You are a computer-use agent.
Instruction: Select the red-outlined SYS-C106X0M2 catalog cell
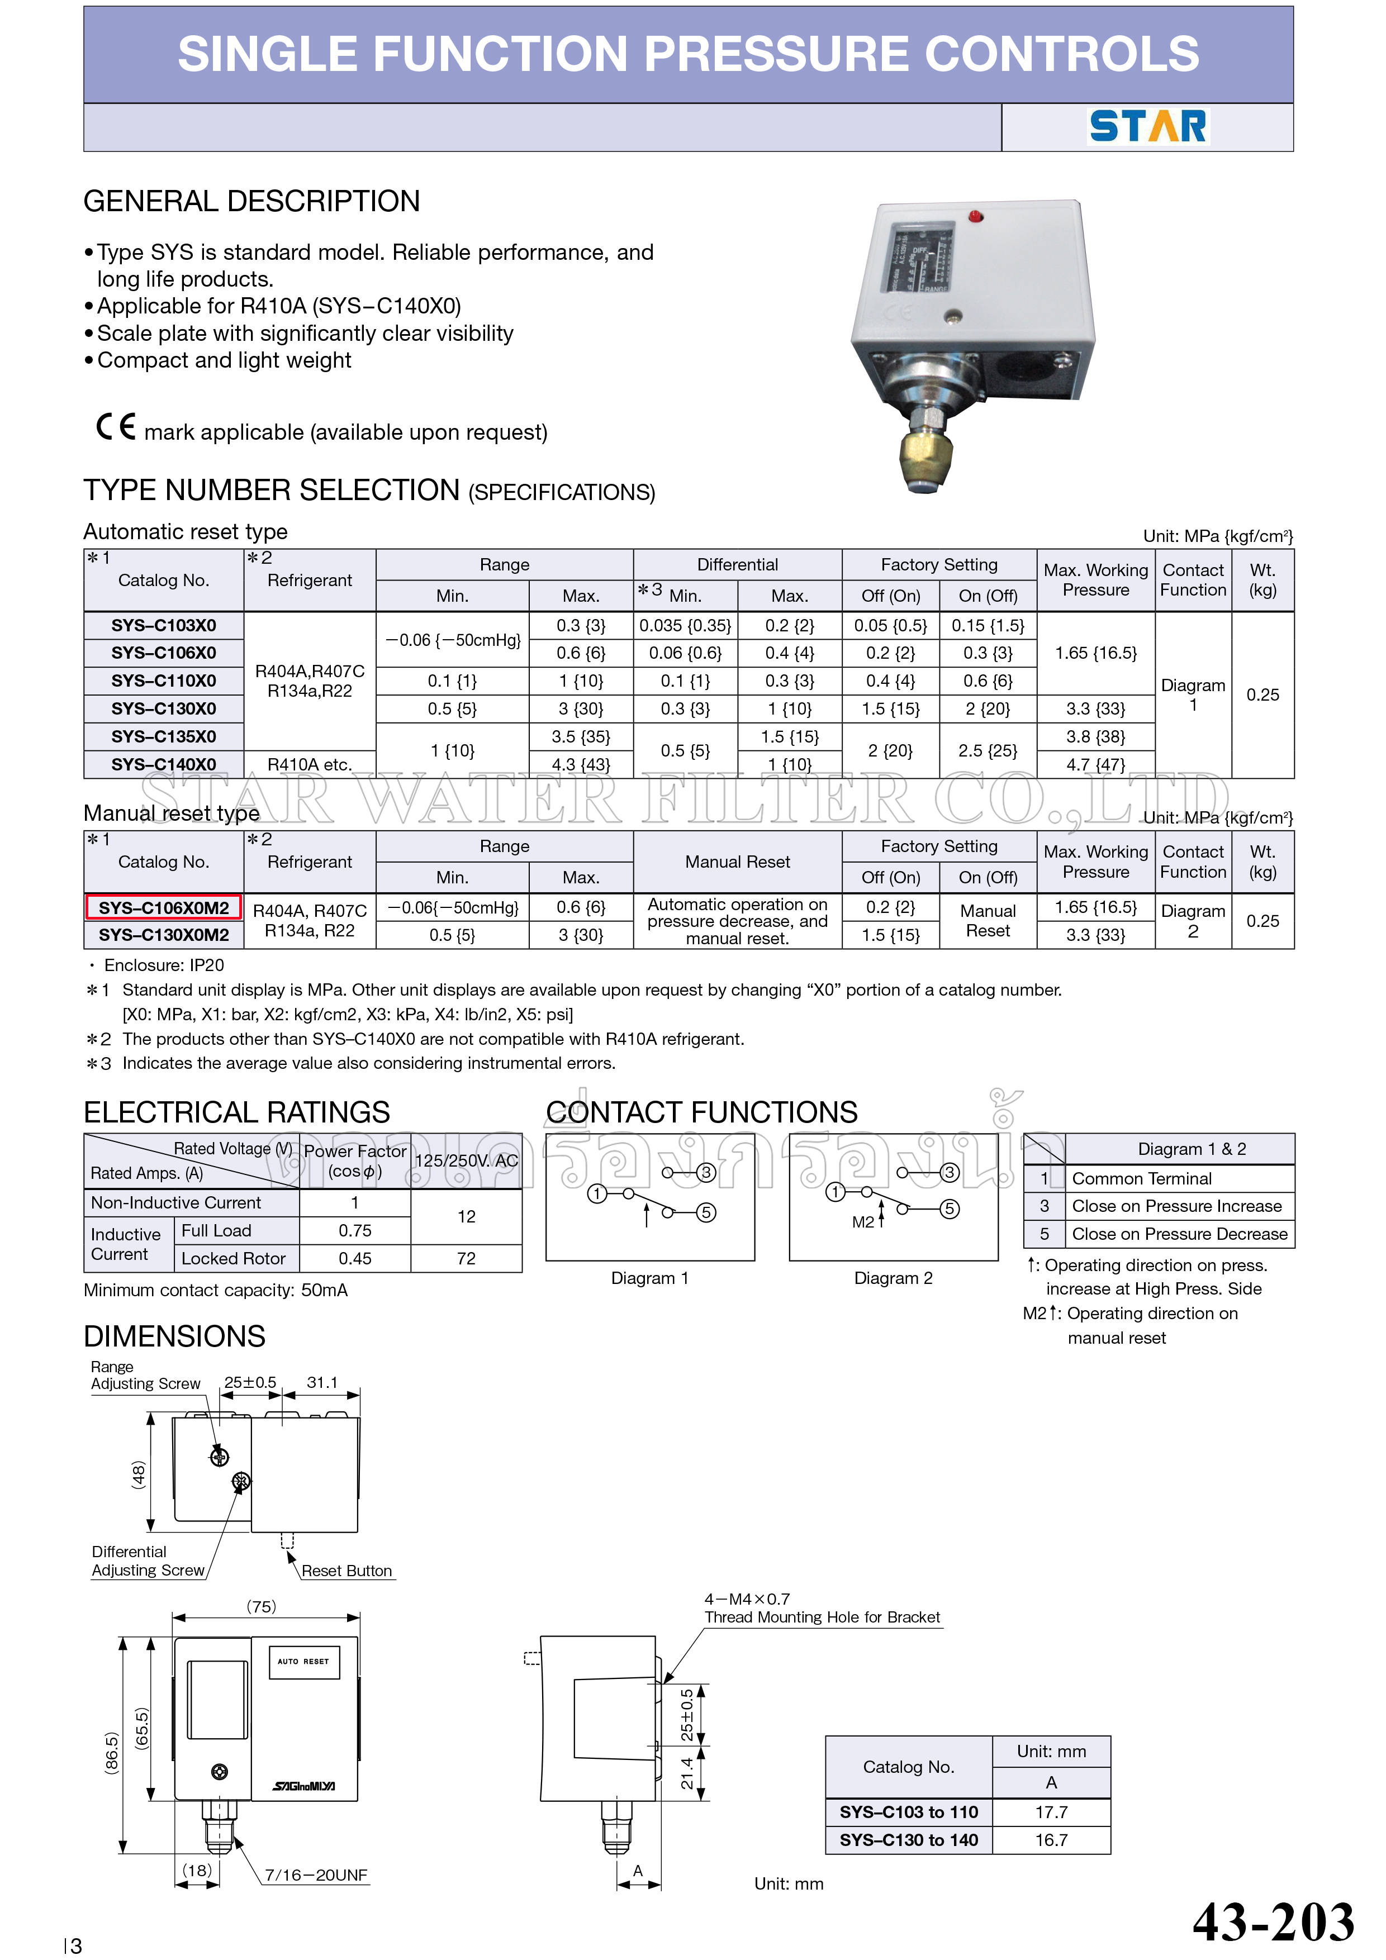(x=163, y=907)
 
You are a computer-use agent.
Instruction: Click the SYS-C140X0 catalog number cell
(x=163, y=764)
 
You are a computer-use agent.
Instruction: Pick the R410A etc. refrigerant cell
(x=309, y=764)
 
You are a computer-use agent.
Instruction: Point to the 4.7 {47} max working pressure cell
(x=1095, y=764)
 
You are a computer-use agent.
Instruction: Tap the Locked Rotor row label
(x=233, y=1258)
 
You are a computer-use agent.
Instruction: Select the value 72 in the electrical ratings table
(x=466, y=1258)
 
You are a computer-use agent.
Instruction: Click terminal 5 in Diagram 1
(x=706, y=1212)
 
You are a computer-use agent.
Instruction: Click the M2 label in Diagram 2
(x=862, y=1222)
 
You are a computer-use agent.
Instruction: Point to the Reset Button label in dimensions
(x=346, y=1571)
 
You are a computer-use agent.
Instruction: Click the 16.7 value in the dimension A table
(x=1051, y=1840)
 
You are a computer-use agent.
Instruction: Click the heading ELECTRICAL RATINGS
(x=236, y=1112)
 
